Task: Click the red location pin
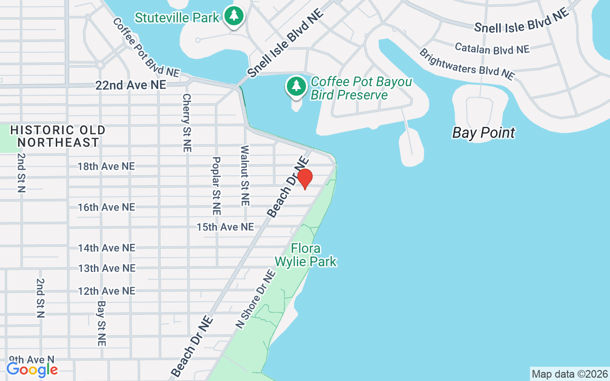[x=305, y=179]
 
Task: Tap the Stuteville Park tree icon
[x=234, y=16]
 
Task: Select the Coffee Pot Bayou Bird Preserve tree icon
[x=296, y=86]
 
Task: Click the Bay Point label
[x=483, y=132]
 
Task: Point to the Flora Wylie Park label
[x=305, y=255]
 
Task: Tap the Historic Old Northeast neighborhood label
[x=58, y=136]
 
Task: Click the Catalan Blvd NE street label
[x=492, y=48]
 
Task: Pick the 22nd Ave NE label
[x=131, y=85]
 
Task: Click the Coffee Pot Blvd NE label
[x=146, y=48]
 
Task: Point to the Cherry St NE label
[x=186, y=123]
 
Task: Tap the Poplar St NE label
[x=216, y=186]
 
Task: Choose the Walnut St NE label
[x=245, y=176]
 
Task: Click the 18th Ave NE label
[x=106, y=166]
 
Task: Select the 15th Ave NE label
[x=225, y=227]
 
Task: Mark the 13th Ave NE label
[x=106, y=268]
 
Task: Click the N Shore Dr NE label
[x=256, y=299]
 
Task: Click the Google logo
[x=32, y=369]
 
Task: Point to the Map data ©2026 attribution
[x=569, y=374]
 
